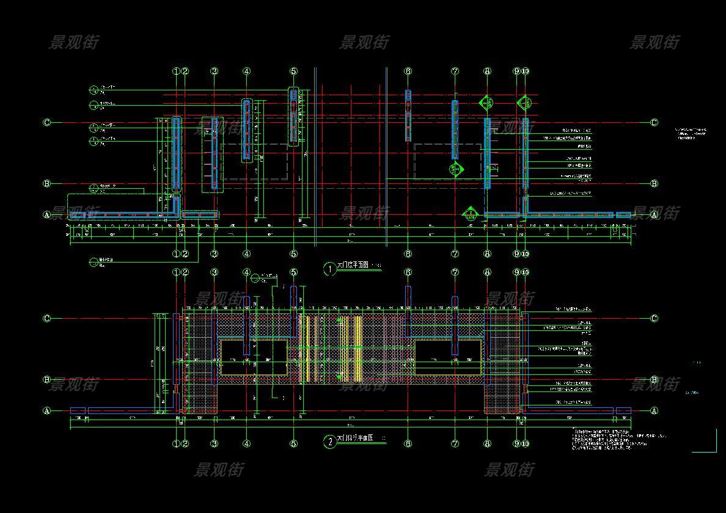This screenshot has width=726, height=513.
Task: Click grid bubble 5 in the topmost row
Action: pyautogui.click(x=293, y=71)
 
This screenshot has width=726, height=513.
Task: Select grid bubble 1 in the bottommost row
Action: pyautogui.click(x=176, y=444)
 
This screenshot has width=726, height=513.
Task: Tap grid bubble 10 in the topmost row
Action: pyautogui.click(x=525, y=71)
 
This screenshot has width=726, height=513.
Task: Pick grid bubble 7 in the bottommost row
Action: pyautogui.click(x=455, y=444)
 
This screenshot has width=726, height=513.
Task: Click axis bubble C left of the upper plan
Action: pyautogui.click(x=47, y=123)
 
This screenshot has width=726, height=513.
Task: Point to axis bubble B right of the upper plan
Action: pyautogui.click(x=654, y=184)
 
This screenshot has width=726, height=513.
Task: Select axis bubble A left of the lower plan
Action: pyautogui.click(x=47, y=411)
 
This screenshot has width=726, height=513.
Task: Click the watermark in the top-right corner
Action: pyautogui.click(x=654, y=42)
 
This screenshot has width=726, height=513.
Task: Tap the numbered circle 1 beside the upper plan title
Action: pyautogui.click(x=329, y=269)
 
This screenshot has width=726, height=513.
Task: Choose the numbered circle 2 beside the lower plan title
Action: pyautogui.click(x=329, y=442)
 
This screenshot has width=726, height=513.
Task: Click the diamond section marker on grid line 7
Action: pyautogui.click(x=455, y=169)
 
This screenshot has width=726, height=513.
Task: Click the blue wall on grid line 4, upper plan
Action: pyautogui.click(x=246, y=130)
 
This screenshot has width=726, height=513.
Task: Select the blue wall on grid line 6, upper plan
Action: pyautogui.click(x=408, y=116)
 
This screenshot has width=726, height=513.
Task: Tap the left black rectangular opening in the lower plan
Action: pyautogui.click(x=254, y=358)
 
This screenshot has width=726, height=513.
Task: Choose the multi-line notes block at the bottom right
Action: pyautogui.click(x=617, y=439)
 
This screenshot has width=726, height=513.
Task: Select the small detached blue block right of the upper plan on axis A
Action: pyautogui.click(x=623, y=215)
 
